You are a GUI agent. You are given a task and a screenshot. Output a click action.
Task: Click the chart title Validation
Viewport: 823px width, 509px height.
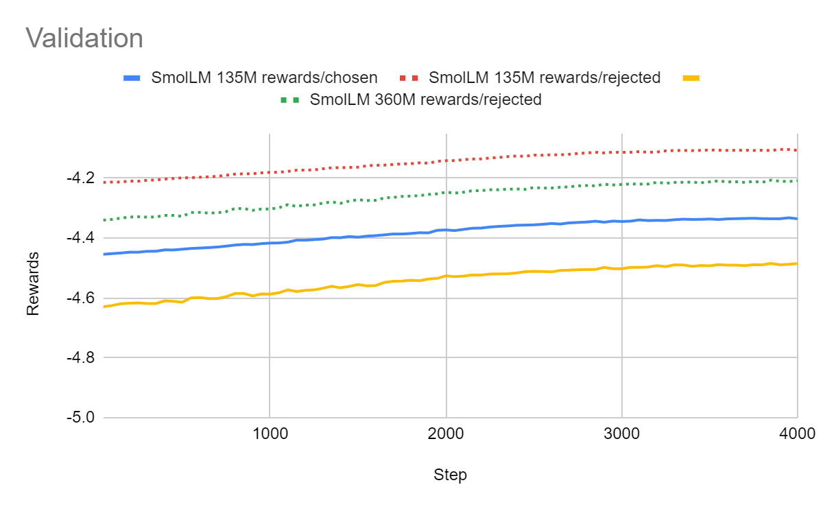(x=84, y=38)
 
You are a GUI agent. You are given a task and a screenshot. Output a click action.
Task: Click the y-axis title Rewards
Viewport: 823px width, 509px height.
(x=33, y=283)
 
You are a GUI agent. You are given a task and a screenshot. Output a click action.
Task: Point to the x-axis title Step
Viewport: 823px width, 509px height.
(x=450, y=475)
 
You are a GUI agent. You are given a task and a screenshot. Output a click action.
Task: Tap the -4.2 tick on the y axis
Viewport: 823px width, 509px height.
(x=80, y=178)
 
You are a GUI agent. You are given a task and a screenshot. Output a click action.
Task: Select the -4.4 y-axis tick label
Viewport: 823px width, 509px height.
(x=80, y=237)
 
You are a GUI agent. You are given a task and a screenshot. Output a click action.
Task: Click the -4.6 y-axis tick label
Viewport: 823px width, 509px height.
(x=80, y=298)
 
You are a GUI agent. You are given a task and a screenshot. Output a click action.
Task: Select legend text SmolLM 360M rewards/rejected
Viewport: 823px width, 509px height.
(x=426, y=99)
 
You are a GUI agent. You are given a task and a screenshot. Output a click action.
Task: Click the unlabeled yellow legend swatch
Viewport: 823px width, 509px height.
(x=691, y=78)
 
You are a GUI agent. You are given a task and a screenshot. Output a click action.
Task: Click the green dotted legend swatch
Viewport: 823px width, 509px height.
(x=291, y=100)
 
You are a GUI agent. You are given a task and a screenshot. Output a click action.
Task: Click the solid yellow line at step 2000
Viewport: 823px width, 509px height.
(x=446, y=276)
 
